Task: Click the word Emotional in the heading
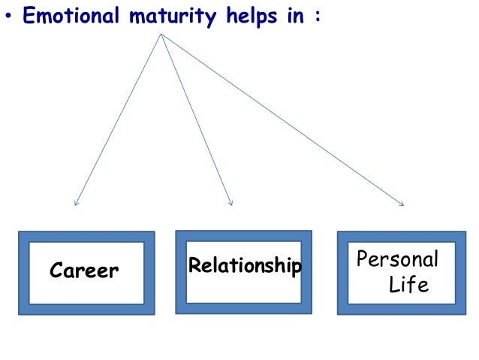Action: (70, 16)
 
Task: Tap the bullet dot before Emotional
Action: (8, 17)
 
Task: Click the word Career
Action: (84, 271)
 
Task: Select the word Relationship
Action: (245, 265)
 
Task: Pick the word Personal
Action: (397, 260)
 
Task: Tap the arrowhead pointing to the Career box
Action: (75, 204)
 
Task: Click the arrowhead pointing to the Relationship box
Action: (230, 203)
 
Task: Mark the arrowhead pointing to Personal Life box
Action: (402, 204)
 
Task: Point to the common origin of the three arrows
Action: (161, 34)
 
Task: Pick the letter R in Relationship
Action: (194, 265)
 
